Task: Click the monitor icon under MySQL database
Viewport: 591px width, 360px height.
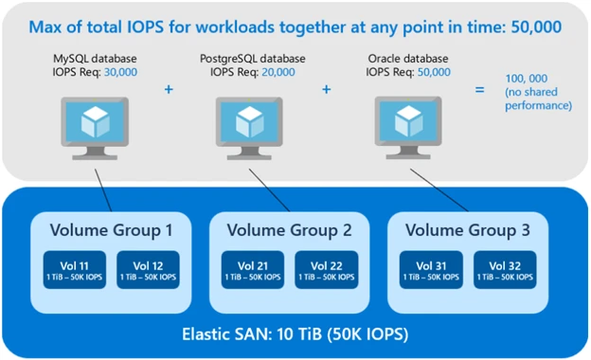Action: point(96,124)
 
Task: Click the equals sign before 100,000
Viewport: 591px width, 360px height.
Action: point(480,90)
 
